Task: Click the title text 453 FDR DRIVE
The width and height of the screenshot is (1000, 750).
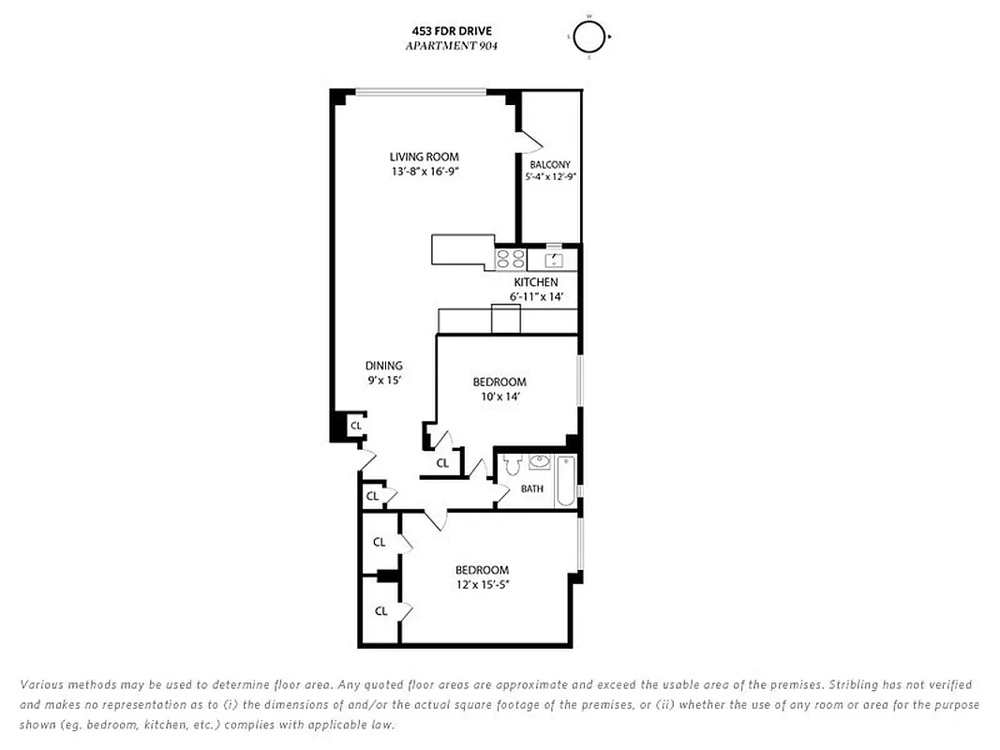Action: click(444, 31)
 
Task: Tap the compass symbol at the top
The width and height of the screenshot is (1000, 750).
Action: click(589, 37)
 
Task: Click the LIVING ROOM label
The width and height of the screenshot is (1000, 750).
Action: click(425, 157)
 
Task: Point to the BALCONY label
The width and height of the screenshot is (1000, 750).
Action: click(549, 164)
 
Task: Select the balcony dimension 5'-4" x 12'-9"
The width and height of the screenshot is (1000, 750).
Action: click(550, 176)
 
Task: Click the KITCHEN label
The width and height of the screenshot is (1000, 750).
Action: click(535, 282)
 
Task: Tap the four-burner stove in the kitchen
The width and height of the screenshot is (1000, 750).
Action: click(511, 259)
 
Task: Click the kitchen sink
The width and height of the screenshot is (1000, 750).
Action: click(553, 259)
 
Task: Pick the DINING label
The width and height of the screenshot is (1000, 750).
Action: click(384, 366)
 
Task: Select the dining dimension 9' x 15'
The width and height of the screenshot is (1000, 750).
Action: click(384, 381)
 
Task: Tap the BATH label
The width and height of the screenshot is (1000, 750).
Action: click(532, 488)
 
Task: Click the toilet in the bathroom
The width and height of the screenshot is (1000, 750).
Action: click(512, 465)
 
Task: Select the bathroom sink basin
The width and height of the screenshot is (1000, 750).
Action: click(539, 462)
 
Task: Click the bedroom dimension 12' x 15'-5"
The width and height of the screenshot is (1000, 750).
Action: click(482, 585)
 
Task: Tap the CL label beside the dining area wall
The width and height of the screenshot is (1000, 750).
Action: click(355, 426)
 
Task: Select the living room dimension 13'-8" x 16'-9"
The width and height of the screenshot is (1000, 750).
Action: click(425, 172)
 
